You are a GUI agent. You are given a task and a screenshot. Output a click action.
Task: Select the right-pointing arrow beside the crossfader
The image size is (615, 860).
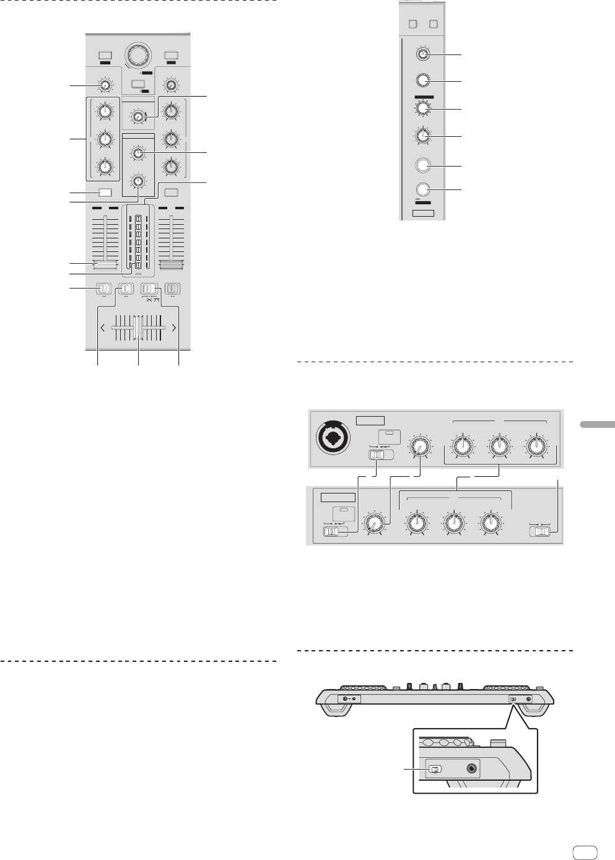pos(174,328)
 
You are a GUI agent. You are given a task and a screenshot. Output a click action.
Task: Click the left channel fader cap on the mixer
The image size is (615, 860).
pos(105,265)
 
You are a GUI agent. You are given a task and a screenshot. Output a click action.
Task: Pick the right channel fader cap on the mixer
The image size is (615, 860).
pos(172,265)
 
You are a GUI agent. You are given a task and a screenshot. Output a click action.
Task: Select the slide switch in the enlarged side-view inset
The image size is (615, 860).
pos(435,770)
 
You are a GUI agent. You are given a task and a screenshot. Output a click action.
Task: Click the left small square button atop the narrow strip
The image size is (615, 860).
pos(413,25)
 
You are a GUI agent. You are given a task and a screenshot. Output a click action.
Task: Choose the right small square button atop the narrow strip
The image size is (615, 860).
pos(434,25)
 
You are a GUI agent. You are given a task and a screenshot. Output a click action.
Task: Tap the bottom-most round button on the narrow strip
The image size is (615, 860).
pos(423,190)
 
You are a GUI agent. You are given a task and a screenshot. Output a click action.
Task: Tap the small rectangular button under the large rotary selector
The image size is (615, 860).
pos(139,84)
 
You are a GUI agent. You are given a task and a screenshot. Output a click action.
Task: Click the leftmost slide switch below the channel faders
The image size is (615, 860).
pos(103,288)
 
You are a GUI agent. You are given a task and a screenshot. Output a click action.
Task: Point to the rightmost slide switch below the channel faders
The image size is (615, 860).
pos(172,288)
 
